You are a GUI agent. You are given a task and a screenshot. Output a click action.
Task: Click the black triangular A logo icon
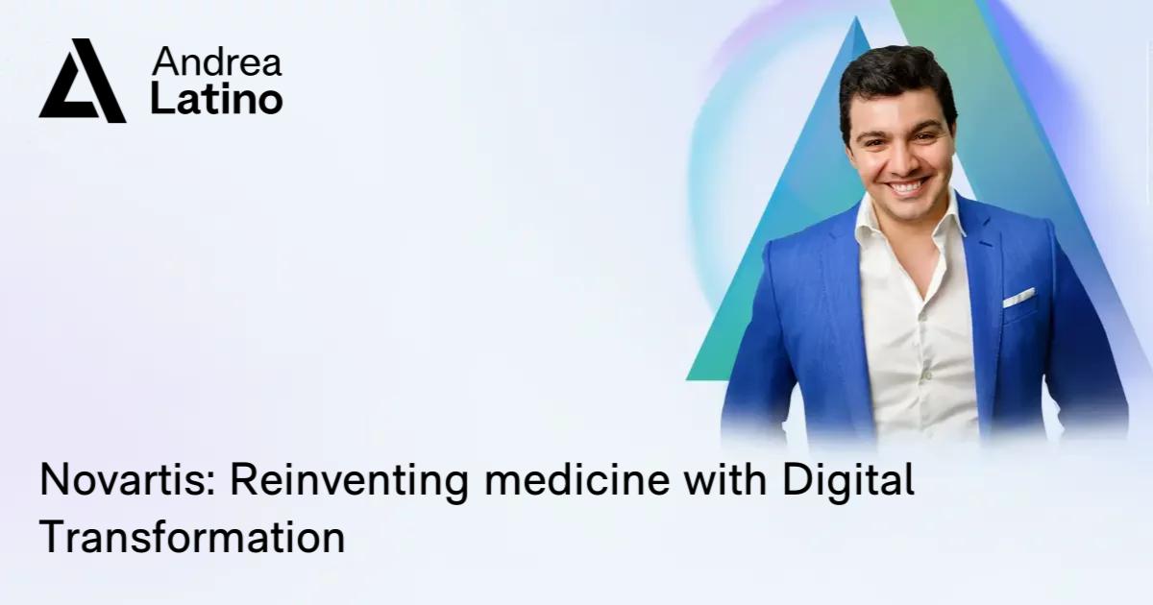(82, 82)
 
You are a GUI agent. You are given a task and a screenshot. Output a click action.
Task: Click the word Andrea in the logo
(217, 62)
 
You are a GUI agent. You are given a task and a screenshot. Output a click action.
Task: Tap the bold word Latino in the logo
(216, 99)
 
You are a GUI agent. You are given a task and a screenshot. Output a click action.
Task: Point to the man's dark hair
(894, 72)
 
